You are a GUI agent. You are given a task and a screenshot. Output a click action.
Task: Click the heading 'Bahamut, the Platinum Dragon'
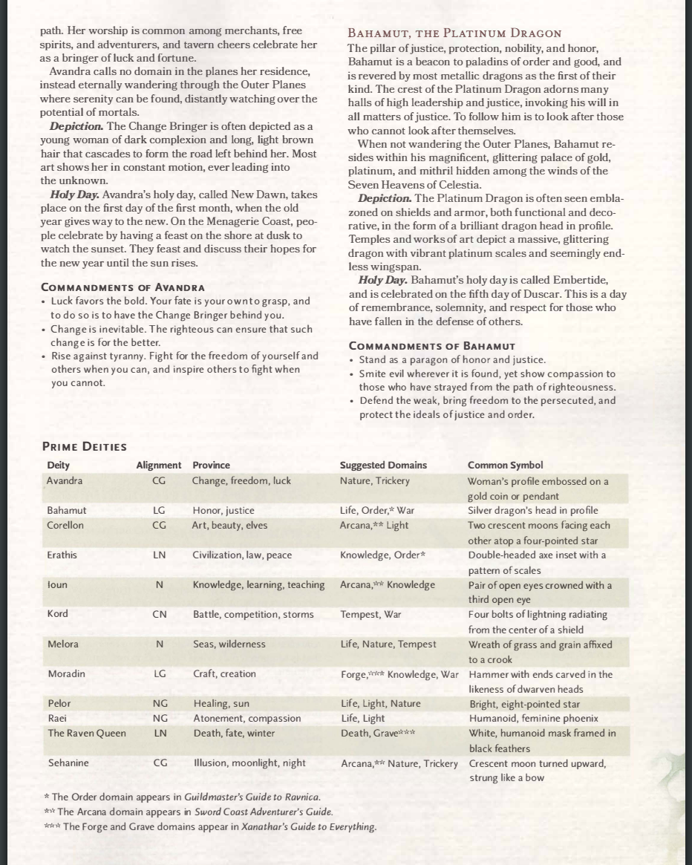coord(454,33)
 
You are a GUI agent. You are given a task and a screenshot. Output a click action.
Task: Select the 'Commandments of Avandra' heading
coord(123,287)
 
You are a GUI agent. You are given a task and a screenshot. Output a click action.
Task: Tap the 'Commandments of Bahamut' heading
coord(432,346)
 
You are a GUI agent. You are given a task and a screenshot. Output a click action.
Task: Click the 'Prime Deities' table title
coord(85,447)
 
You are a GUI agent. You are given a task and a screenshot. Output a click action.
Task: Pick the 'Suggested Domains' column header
coord(383,466)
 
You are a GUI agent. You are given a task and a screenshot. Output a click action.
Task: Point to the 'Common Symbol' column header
coord(505,466)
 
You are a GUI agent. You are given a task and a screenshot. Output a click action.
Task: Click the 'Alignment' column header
coord(158,466)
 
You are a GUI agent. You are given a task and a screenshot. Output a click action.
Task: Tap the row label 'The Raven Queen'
coord(87,733)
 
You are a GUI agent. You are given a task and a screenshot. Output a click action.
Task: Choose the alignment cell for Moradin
coord(159,673)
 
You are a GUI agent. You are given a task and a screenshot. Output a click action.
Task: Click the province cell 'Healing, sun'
coord(221,703)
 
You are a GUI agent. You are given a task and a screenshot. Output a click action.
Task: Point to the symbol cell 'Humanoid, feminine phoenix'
coord(533,718)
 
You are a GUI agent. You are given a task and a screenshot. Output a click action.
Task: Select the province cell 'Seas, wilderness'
coord(229,644)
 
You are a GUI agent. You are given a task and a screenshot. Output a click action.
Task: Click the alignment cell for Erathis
coord(159,555)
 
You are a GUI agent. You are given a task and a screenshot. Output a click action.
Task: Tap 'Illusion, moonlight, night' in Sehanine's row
coord(249,763)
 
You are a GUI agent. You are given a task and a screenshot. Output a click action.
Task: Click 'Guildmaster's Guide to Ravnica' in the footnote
coord(252,797)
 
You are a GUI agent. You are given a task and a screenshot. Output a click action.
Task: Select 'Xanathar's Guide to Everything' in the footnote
coord(308,826)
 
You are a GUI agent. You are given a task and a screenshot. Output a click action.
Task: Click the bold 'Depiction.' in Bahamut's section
coord(385,198)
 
